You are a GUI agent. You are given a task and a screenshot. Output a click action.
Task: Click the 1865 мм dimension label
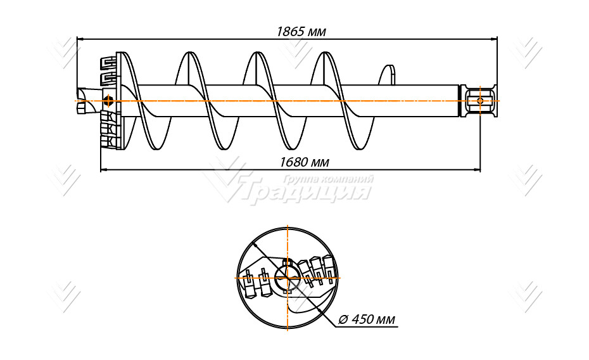coord(301,32)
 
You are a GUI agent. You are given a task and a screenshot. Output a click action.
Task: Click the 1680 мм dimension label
coord(304,162)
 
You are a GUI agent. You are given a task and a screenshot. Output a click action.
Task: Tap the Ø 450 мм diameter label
coord(366,319)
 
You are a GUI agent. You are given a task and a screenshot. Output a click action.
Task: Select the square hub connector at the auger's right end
coord(479,101)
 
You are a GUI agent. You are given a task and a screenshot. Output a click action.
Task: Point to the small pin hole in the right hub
coord(480,101)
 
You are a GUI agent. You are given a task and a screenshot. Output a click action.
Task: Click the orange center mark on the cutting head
coord(108,101)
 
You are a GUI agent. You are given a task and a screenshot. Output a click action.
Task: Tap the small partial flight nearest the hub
coord(388,75)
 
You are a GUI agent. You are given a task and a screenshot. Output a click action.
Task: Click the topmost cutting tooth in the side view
coord(108,62)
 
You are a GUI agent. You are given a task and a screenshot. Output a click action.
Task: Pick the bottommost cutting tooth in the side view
coord(108,142)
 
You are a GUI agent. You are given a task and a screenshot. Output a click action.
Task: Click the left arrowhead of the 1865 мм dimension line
coord(80,38)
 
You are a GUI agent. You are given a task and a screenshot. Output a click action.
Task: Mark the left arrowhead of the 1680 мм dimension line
coord(104,170)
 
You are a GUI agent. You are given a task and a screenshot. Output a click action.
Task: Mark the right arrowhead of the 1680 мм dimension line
coord(477,170)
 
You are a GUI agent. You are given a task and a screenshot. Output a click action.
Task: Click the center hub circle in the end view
coord(288,278)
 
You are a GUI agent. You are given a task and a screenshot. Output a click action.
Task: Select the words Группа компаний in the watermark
coord(328,179)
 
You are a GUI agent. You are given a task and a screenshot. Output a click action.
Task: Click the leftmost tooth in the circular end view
coord(248,284)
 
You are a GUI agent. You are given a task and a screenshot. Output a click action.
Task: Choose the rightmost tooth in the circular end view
coord(329,267)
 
